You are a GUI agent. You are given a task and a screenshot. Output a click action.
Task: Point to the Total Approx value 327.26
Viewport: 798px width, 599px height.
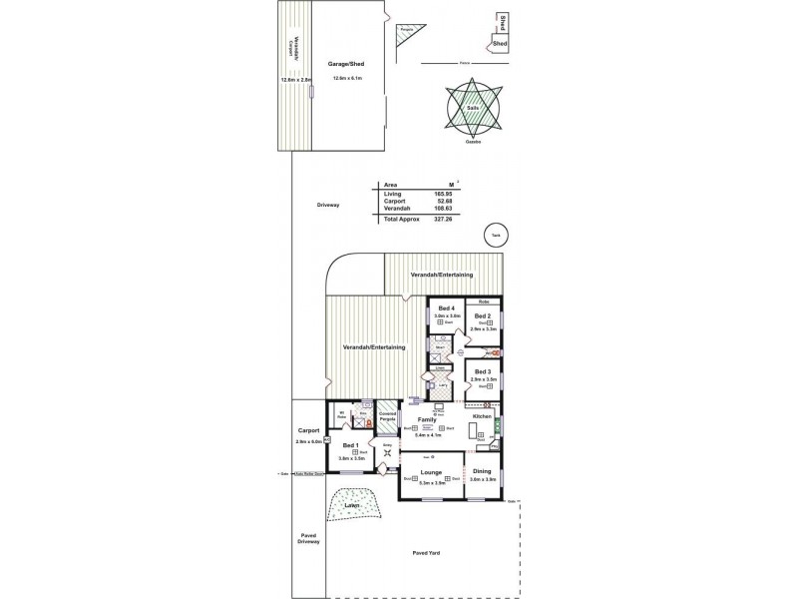pos(443,218)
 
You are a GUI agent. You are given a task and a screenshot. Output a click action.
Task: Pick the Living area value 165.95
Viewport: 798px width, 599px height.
pos(444,194)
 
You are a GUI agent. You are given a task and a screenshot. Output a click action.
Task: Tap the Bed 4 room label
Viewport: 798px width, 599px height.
pos(446,308)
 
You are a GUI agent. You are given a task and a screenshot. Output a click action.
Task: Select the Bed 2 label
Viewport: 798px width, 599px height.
pos(483,315)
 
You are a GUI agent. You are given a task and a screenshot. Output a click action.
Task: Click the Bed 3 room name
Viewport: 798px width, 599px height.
pos(483,371)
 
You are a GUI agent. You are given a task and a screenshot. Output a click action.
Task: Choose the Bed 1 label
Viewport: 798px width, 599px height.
pos(350,445)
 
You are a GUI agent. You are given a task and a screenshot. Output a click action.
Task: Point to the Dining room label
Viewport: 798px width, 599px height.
pos(482,470)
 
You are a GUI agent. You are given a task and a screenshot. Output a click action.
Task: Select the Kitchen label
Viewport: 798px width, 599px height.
pos(483,415)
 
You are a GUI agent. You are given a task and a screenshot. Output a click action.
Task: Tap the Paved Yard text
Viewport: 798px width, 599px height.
pos(427,552)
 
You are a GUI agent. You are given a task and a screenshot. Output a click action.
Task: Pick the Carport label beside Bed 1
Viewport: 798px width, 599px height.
pos(307,430)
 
